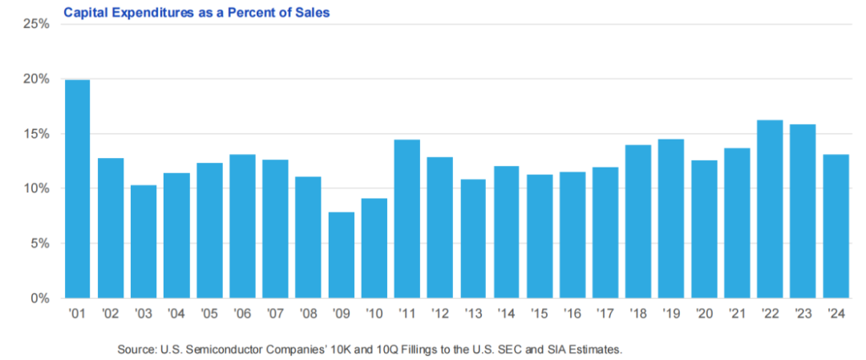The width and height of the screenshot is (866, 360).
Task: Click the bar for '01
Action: pyautogui.click(x=77, y=188)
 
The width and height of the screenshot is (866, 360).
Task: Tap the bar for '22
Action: pyautogui.click(x=770, y=208)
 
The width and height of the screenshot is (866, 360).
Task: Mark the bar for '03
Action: pyautogui.click(x=143, y=241)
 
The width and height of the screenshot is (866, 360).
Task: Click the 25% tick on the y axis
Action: pyautogui.click(x=37, y=24)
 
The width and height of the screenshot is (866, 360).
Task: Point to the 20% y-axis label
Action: pyautogui.click(x=37, y=79)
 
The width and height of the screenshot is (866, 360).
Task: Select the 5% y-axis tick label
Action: pyautogui.click(x=40, y=244)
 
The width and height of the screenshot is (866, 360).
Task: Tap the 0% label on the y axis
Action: pyautogui.click(x=40, y=298)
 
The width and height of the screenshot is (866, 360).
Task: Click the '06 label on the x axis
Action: pyautogui.click(x=241, y=313)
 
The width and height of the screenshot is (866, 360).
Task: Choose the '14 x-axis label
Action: pyautogui.click(x=505, y=313)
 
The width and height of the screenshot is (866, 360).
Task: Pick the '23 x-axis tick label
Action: pyautogui.click(x=803, y=313)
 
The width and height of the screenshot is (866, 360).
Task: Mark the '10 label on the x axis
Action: pyautogui.click(x=374, y=313)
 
